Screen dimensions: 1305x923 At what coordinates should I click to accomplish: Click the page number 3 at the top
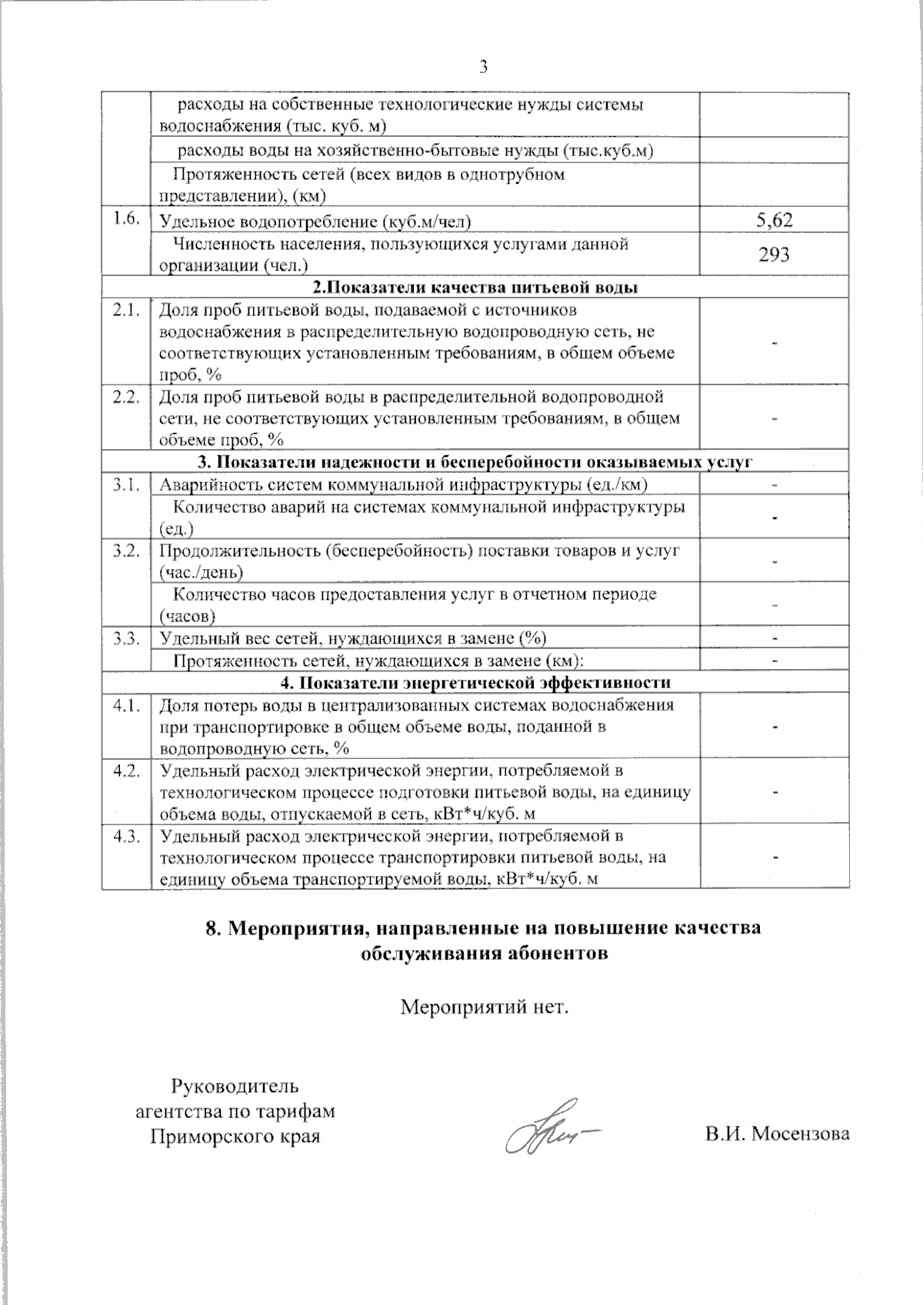[484, 67]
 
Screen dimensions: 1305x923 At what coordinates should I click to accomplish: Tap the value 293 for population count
[774, 255]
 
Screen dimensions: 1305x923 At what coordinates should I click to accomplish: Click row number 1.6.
[125, 219]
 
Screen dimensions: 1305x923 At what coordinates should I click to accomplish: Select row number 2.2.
[125, 398]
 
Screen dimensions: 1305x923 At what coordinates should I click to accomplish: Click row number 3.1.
[125, 484]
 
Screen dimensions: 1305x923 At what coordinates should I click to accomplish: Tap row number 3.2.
[125, 551]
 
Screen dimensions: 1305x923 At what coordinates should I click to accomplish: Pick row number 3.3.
[125, 638]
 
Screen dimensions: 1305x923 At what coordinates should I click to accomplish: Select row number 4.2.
[125, 771]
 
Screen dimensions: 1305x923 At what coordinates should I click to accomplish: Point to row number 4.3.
[125, 837]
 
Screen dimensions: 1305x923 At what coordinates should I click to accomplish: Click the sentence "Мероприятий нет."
[485, 1006]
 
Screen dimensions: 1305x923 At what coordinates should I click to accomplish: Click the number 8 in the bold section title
[213, 927]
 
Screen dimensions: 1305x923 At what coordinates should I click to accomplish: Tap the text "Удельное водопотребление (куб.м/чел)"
[315, 222]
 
